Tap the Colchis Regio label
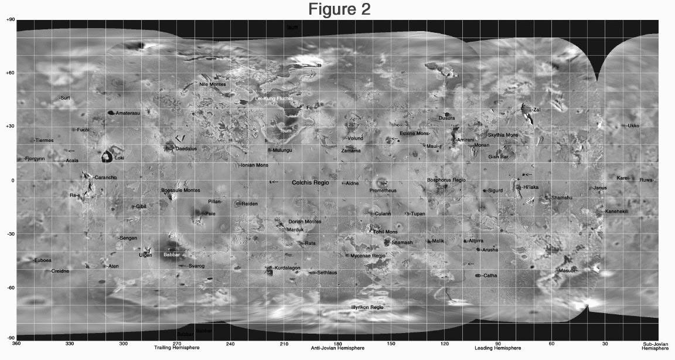tap(311, 183)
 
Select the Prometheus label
tap(383, 191)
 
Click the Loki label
tap(119, 158)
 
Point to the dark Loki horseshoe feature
tap(107, 157)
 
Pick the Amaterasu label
tap(127, 113)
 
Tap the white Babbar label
tap(171, 255)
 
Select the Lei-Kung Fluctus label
tap(273, 99)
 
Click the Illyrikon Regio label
tap(367, 307)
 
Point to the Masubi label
tap(567, 270)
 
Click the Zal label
tap(536, 110)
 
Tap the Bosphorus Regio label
tap(446, 179)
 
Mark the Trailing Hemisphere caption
tap(176, 348)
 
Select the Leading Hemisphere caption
tap(497, 348)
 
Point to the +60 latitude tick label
tap(10, 73)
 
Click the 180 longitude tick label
tap(337, 343)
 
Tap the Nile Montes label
tap(213, 84)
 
